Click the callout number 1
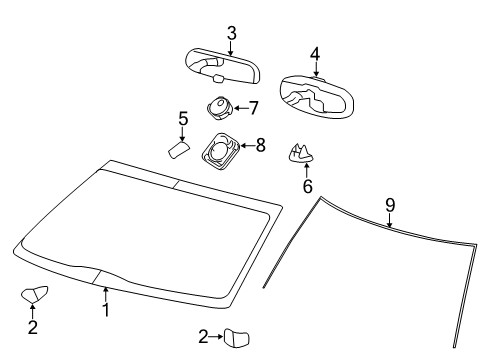106,310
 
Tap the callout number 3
232,33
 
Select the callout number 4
315,54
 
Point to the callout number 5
183,119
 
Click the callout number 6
307,186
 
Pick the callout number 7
254,108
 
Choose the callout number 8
261,145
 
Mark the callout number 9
390,205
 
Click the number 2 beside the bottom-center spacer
203,337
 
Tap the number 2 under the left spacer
33,327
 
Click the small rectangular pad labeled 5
178,150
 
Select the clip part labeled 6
301,154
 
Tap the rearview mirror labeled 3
223,66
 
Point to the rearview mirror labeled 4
317,96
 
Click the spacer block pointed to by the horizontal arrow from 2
237,338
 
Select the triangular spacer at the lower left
34,294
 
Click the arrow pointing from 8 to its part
247,146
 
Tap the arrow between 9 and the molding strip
389,220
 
